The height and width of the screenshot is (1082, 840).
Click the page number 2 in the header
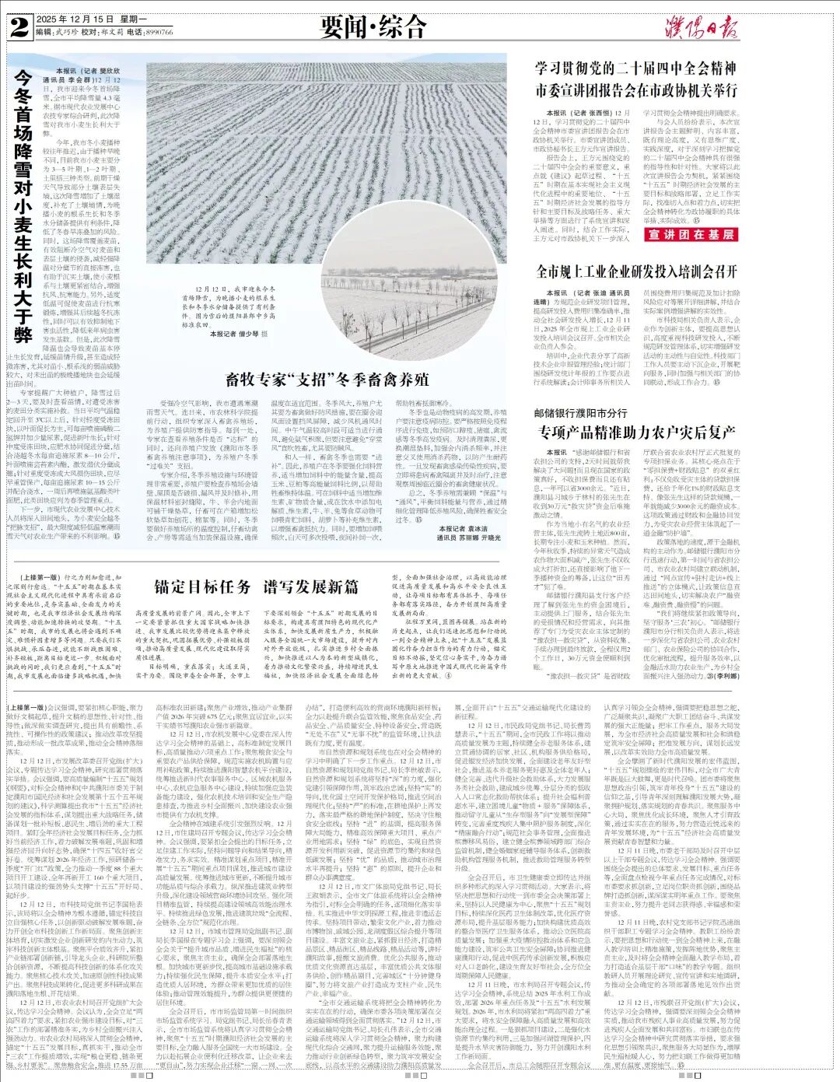19,29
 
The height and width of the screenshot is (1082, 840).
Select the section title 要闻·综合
373,26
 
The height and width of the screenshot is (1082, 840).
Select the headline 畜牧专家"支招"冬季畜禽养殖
327,380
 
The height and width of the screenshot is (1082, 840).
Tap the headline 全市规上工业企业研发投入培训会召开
637,271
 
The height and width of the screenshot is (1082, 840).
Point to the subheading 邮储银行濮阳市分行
580,411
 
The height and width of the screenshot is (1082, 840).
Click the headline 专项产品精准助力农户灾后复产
637,431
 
